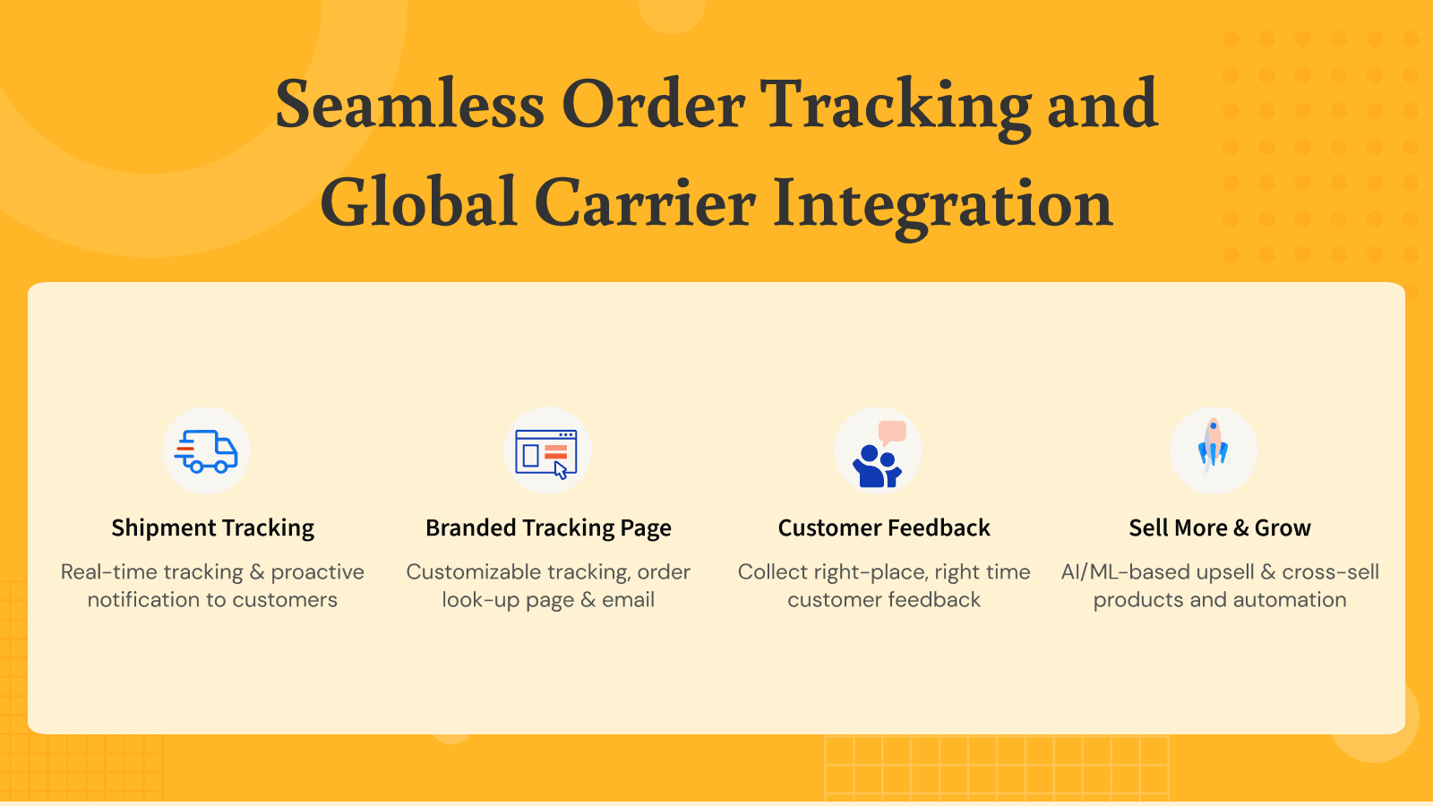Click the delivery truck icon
(x=206, y=450)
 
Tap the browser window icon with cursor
(x=546, y=452)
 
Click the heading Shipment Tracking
(x=212, y=528)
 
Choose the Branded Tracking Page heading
(x=548, y=528)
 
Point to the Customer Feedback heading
(x=884, y=528)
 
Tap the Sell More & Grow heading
(x=1220, y=528)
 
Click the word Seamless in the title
(x=409, y=105)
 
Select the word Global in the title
(x=418, y=202)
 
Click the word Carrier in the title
(x=645, y=202)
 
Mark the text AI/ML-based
(x=1127, y=571)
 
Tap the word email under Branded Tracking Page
(x=628, y=600)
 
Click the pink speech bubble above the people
(x=892, y=432)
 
